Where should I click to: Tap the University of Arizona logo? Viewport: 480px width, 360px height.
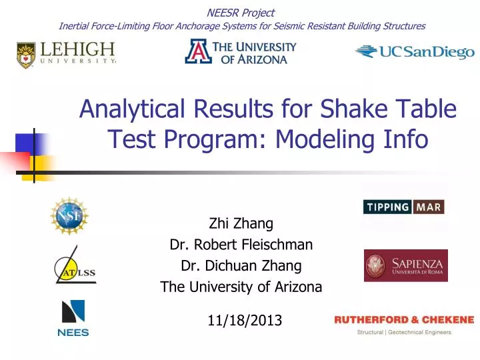pos(240,52)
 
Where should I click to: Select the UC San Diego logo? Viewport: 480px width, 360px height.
pos(414,52)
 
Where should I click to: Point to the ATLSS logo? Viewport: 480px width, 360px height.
pos(74,268)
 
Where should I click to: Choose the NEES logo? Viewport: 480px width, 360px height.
pos(73,318)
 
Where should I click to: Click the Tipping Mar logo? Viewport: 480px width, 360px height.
pos(403,207)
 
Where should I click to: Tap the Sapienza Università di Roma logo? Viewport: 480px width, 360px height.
pos(405,265)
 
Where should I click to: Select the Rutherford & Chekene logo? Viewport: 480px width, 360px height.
pos(404,325)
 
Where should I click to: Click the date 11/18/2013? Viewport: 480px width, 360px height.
pos(245,321)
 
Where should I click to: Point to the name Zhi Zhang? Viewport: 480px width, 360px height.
pos(241,223)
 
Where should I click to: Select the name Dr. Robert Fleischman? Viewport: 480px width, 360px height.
pos(241,245)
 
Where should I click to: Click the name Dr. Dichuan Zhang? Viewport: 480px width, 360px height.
pos(241,266)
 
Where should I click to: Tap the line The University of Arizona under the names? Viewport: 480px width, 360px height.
pos(241,287)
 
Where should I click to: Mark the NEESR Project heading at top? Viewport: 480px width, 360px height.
pos(241,12)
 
